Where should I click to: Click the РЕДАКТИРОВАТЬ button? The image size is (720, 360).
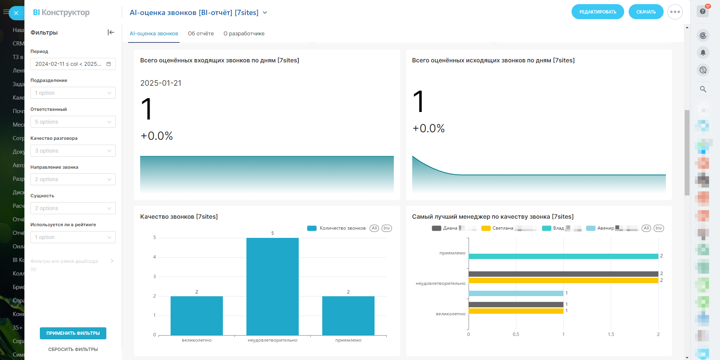tap(597, 12)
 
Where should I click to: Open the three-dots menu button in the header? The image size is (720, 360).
tap(675, 12)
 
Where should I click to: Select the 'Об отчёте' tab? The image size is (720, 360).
tap(201, 33)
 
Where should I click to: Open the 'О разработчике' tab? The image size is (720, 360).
tap(244, 33)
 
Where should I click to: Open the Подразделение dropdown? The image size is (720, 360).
tap(73, 93)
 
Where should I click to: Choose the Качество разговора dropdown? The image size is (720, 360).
tap(73, 151)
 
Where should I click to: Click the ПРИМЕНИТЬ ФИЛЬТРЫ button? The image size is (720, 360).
tap(73, 333)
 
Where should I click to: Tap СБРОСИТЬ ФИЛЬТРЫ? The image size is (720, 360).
tap(73, 349)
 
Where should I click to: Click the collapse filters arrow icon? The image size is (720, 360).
tap(111, 32)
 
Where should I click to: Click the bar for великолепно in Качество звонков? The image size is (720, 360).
tap(197, 316)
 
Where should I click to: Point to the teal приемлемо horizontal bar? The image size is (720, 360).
tap(563, 256)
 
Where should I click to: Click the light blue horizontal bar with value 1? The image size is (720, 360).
tap(516, 293)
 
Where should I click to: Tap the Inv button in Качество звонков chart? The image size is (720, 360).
tap(387, 228)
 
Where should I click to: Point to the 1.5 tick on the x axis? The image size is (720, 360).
tap(611, 334)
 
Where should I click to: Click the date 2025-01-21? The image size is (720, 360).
tap(161, 83)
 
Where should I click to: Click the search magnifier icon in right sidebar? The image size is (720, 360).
tap(703, 89)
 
